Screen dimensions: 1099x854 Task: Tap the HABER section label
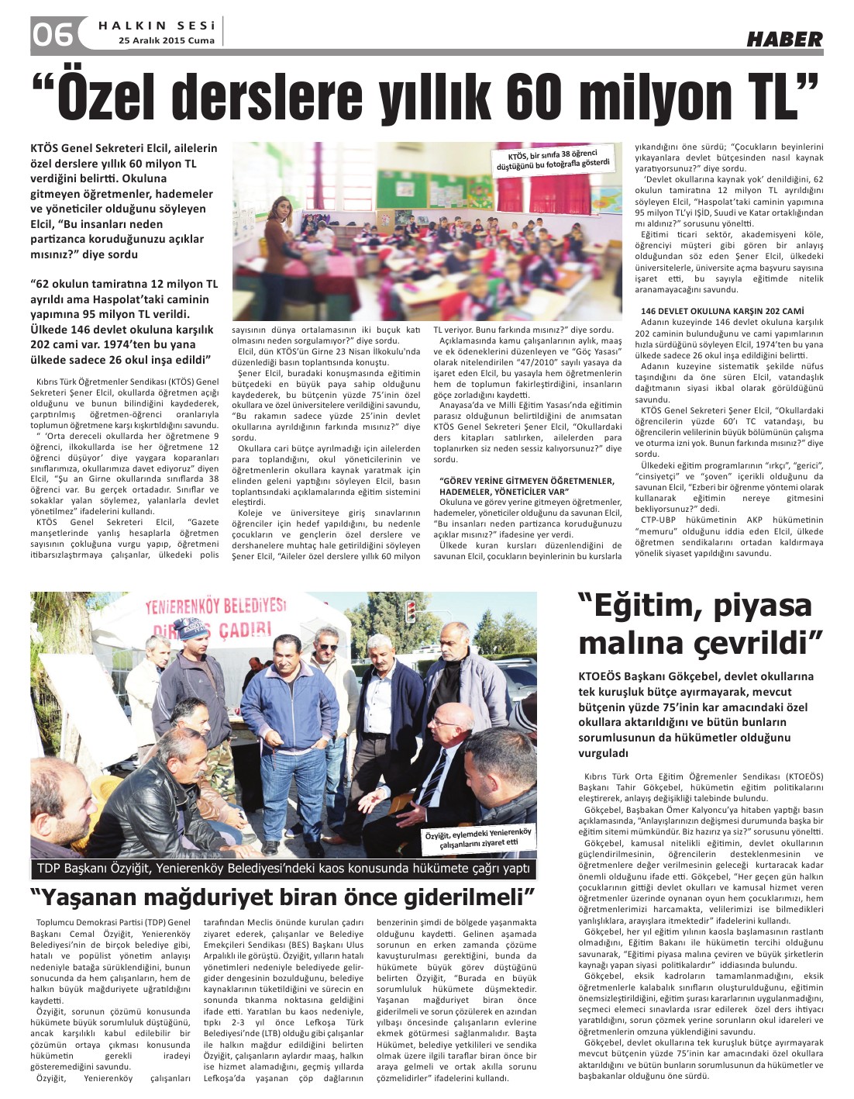pyautogui.click(x=784, y=40)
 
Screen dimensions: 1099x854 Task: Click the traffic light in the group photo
pyautogui.click(x=410, y=610)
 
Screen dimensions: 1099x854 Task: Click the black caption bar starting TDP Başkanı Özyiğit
pyautogui.click(x=283, y=868)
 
